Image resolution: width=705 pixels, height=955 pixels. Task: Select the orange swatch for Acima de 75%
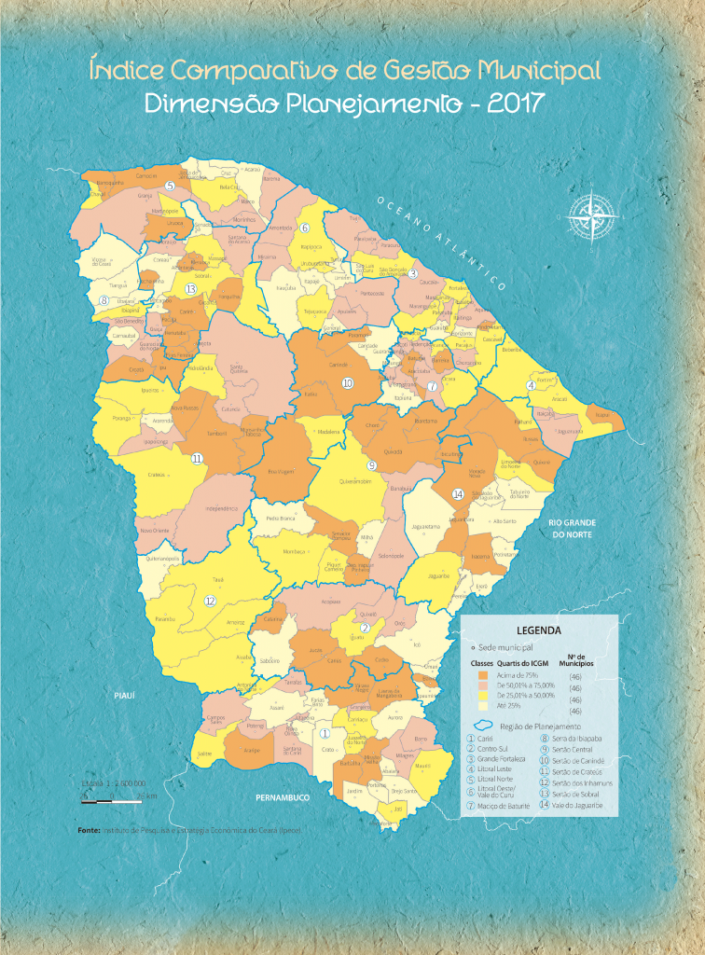483,674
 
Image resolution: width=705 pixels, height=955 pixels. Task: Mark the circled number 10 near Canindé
347,382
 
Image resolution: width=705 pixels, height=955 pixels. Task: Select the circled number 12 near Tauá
210,602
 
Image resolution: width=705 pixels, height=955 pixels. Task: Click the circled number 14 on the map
457,493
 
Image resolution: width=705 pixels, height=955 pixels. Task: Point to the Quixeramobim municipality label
355,482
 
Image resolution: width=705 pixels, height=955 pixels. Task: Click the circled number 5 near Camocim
170,186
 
